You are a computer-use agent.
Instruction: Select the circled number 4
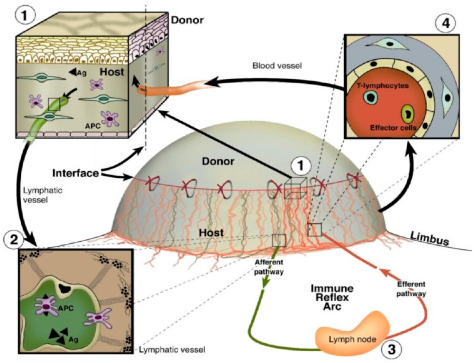[445, 23]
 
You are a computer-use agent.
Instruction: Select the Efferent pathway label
[411, 289]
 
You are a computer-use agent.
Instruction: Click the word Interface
[75, 173]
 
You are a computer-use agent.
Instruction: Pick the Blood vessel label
[277, 65]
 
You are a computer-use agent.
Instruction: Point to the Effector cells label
[393, 128]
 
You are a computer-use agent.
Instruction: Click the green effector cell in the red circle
[408, 113]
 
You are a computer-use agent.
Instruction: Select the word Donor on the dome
[218, 161]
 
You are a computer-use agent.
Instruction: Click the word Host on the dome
[211, 232]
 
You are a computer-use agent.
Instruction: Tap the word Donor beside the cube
[187, 20]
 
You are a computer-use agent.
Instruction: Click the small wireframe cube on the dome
[295, 188]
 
